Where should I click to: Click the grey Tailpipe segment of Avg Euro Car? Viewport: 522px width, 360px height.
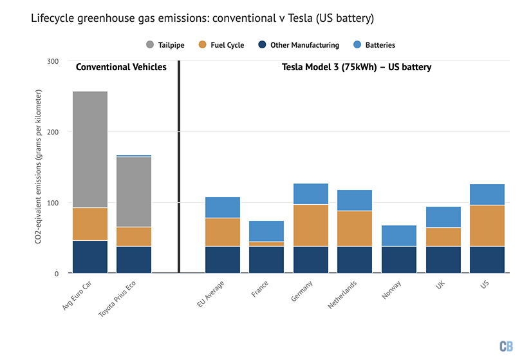pos(89,149)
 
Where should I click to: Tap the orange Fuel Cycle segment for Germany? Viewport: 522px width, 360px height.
pos(310,225)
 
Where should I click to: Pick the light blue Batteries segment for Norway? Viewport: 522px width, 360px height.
pos(398,236)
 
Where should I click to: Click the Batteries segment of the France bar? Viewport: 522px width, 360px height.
pos(266,231)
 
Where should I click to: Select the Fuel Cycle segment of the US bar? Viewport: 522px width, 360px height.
pos(487,225)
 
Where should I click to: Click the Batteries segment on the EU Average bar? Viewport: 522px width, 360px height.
pos(222,207)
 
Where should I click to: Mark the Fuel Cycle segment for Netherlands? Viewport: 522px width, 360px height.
pos(354,229)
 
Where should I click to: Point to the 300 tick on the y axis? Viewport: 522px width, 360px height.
pos(52,61)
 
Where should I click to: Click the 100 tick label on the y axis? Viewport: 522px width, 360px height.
pos(52,203)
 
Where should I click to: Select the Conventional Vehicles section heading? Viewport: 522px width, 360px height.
pos(121,67)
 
